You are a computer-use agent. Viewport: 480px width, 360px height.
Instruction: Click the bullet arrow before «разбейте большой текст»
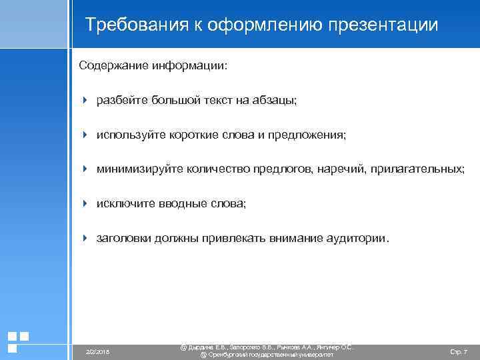pyautogui.click(x=85, y=100)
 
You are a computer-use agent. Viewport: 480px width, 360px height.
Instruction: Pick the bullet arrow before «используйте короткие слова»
pyautogui.click(x=85, y=135)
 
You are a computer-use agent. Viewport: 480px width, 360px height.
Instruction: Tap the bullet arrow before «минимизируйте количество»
pyautogui.click(x=85, y=169)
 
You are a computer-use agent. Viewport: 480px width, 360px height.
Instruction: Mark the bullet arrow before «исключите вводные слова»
pyautogui.click(x=85, y=203)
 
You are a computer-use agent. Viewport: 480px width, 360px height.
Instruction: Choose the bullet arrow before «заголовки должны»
pyautogui.click(x=85, y=237)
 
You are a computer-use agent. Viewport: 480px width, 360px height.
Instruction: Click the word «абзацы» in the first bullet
pyautogui.click(x=278, y=101)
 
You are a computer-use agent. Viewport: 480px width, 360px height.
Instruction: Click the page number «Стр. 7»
pyautogui.click(x=459, y=351)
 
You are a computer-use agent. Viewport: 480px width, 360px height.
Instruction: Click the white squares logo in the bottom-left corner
pyautogui.click(x=18, y=341)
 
